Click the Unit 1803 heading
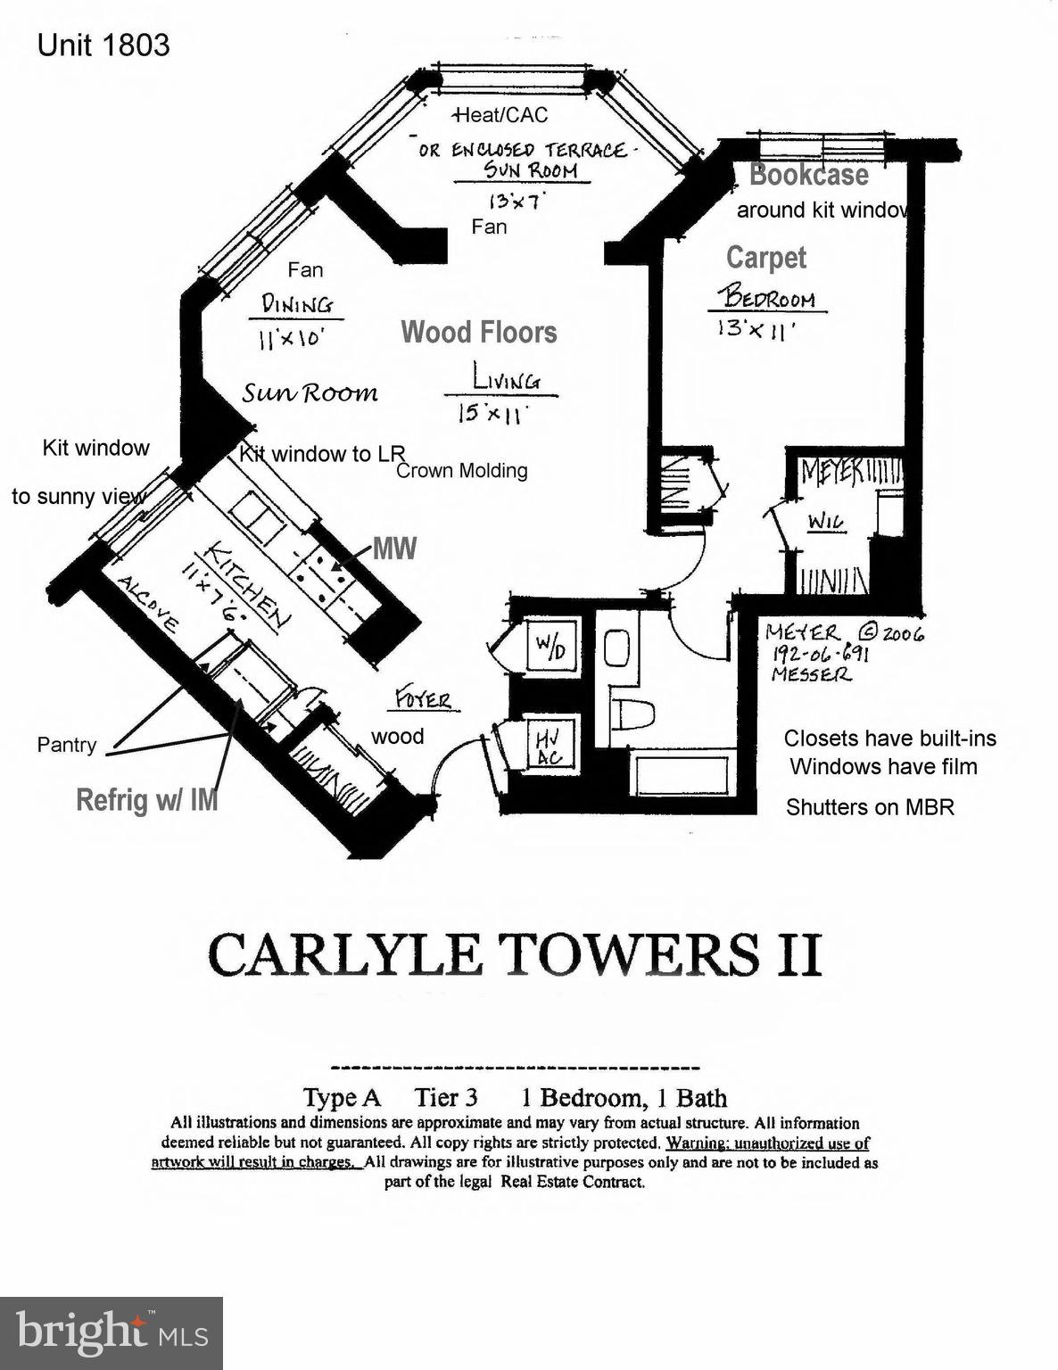(x=103, y=45)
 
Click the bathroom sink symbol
(x=617, y=648)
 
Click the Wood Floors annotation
(x=479, y=332)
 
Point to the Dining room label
(x=297, y=304)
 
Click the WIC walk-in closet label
(x=826, y=521)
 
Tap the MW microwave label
(x=394, y=548)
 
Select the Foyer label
(x=425, y=700)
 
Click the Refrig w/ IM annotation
(x=147, y=799)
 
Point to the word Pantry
(x=67, y=745)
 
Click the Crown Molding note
(x=461, y=470)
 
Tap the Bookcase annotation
(x=808, y=174)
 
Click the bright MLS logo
(x=112, y=1333)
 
